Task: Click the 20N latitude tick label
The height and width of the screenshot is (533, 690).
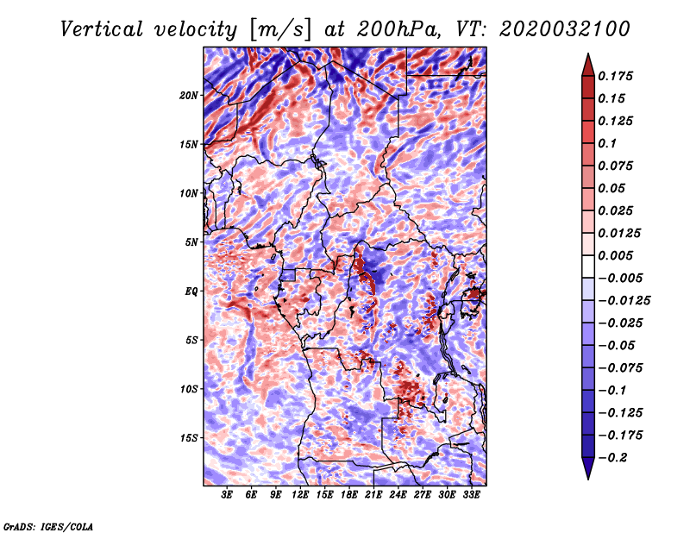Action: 189,95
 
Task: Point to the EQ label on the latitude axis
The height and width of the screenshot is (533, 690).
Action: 191,292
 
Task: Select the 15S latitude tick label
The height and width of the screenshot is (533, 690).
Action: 189,438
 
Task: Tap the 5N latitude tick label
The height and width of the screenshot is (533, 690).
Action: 191,242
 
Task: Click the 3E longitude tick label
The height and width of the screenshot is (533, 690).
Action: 228,495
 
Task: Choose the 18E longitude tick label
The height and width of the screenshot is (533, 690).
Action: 349,495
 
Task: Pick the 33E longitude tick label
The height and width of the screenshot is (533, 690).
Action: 471,495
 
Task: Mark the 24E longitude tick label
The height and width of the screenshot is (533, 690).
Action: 398,495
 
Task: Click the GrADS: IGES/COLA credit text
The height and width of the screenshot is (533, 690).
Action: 47,525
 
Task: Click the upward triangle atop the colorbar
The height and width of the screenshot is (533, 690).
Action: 586,62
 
